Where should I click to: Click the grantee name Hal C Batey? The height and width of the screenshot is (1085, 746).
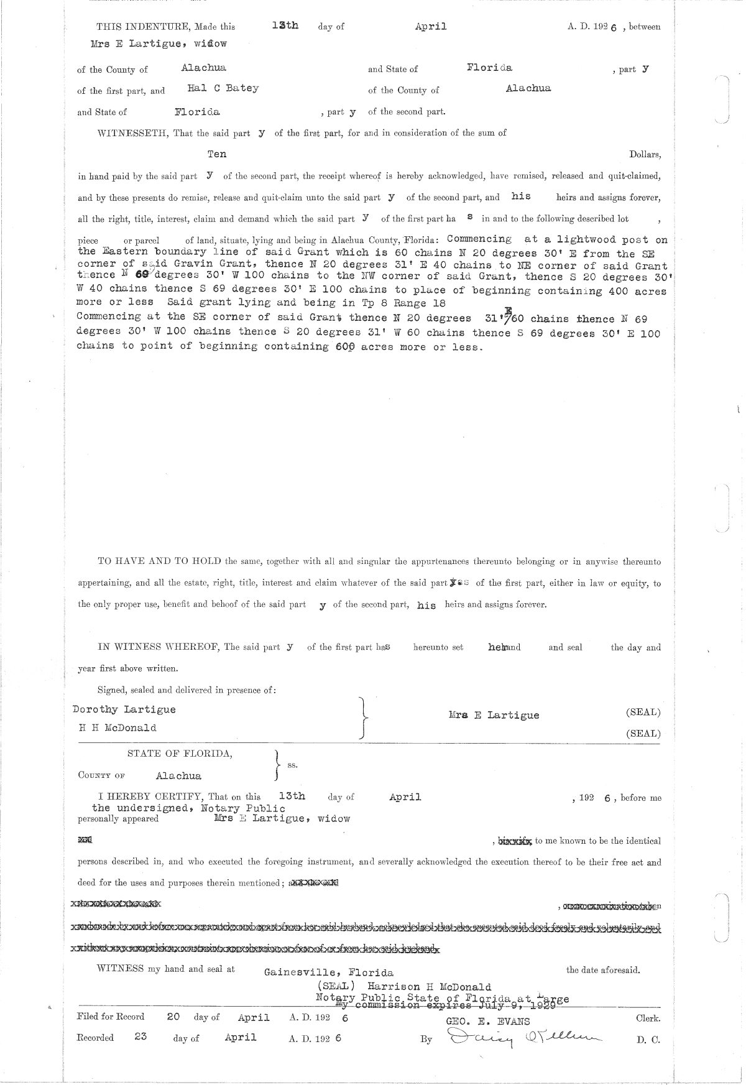click(223, 88)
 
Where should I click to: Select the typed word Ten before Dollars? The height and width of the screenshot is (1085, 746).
click(217, 154)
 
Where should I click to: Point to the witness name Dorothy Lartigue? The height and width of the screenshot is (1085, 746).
click(124, 709)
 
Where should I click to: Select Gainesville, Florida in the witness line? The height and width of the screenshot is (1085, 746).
click(328, 972)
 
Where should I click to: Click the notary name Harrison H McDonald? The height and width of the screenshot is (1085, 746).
click(429, 987)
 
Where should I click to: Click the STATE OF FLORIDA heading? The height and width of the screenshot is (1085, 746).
click(180, 754)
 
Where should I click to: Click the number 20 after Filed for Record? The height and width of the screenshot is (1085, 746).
click(173, 1017)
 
